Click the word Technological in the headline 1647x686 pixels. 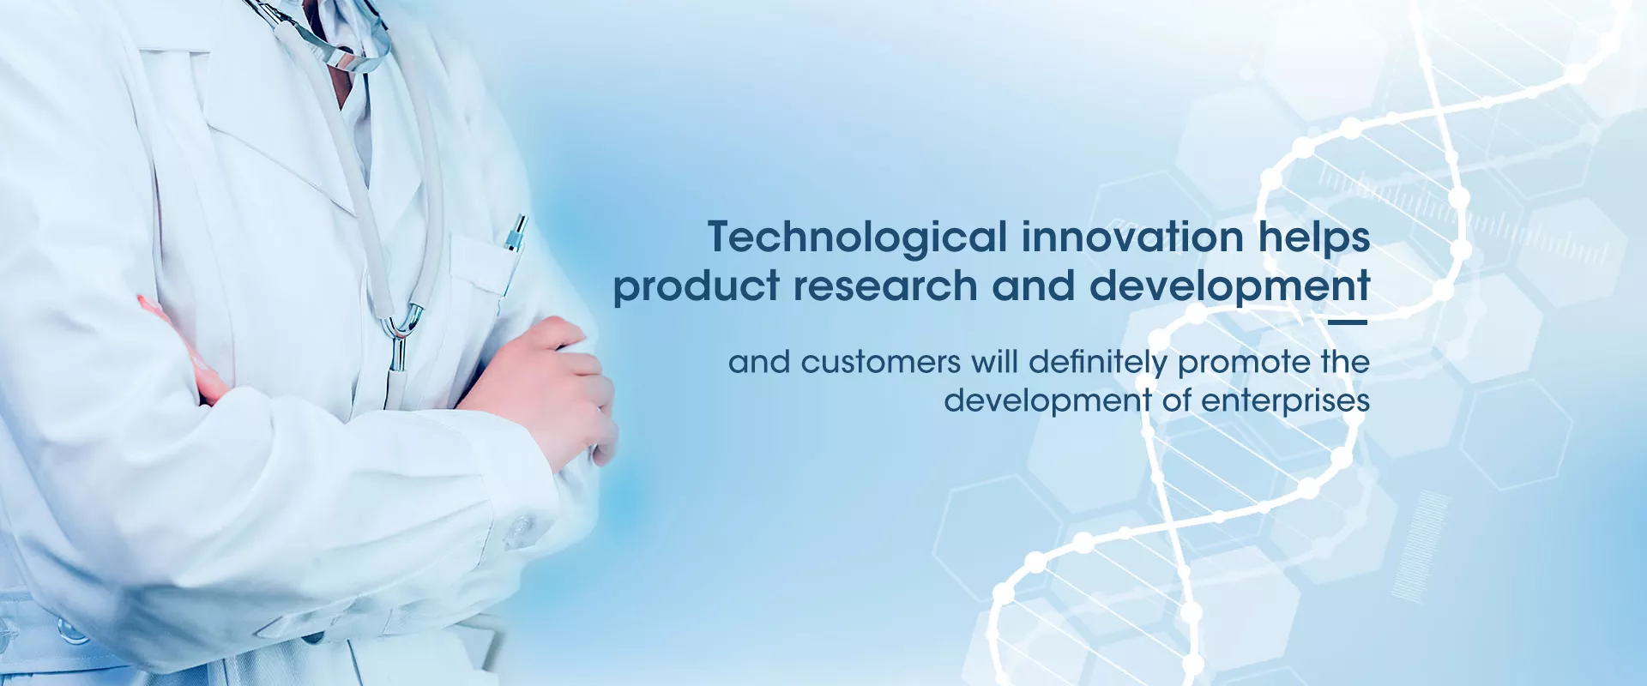[857, 238]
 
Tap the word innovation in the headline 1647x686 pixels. [1132, 237]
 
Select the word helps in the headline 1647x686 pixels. [1314, 238]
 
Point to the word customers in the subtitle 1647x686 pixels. [880, 363]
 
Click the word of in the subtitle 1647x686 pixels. [1176, 400]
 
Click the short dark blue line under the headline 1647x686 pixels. [1347, 322]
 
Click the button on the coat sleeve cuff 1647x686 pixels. [519, 532]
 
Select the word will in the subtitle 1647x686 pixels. [994, 362]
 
